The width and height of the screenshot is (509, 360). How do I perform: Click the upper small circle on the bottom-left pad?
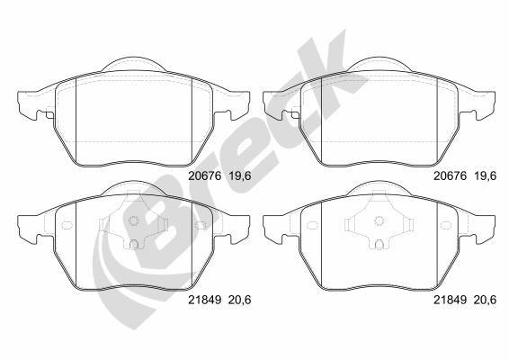(x=133, y=222)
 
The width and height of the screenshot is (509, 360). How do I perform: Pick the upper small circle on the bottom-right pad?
(x=381, y=222)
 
